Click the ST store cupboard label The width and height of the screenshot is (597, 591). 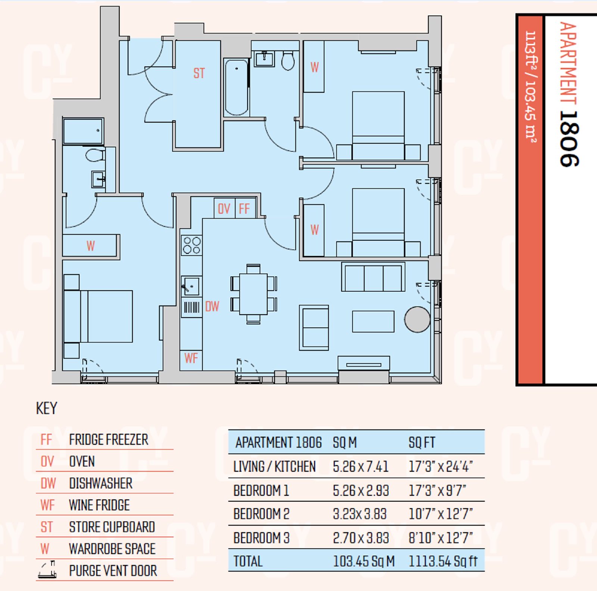coord(199,73)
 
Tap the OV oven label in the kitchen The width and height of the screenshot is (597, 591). coord(224,209)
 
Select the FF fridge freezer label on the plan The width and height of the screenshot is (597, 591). coord(244,209)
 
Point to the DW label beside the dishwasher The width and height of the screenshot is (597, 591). coord(212,307)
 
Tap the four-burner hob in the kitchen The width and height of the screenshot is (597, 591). coord(192,245)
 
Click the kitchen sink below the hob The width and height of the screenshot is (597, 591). coord(191,287)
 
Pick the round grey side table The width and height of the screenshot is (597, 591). coord(418,319)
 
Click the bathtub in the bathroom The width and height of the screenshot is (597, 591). coord(237,87)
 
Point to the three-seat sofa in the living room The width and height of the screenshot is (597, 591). coord(373,277)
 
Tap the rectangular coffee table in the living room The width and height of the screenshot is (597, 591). coord(373,321)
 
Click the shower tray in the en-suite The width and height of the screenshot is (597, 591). coord(83,131)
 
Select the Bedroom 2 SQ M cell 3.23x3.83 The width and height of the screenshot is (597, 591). coord(360,514)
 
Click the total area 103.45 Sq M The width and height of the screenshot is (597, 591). coord(364,561)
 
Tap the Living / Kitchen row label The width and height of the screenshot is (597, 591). coord(275,467)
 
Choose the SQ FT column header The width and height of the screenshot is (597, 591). coord(422,443)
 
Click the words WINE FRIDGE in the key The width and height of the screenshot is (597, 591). coord(99,505)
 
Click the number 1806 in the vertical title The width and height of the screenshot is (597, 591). coord(569,139)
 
